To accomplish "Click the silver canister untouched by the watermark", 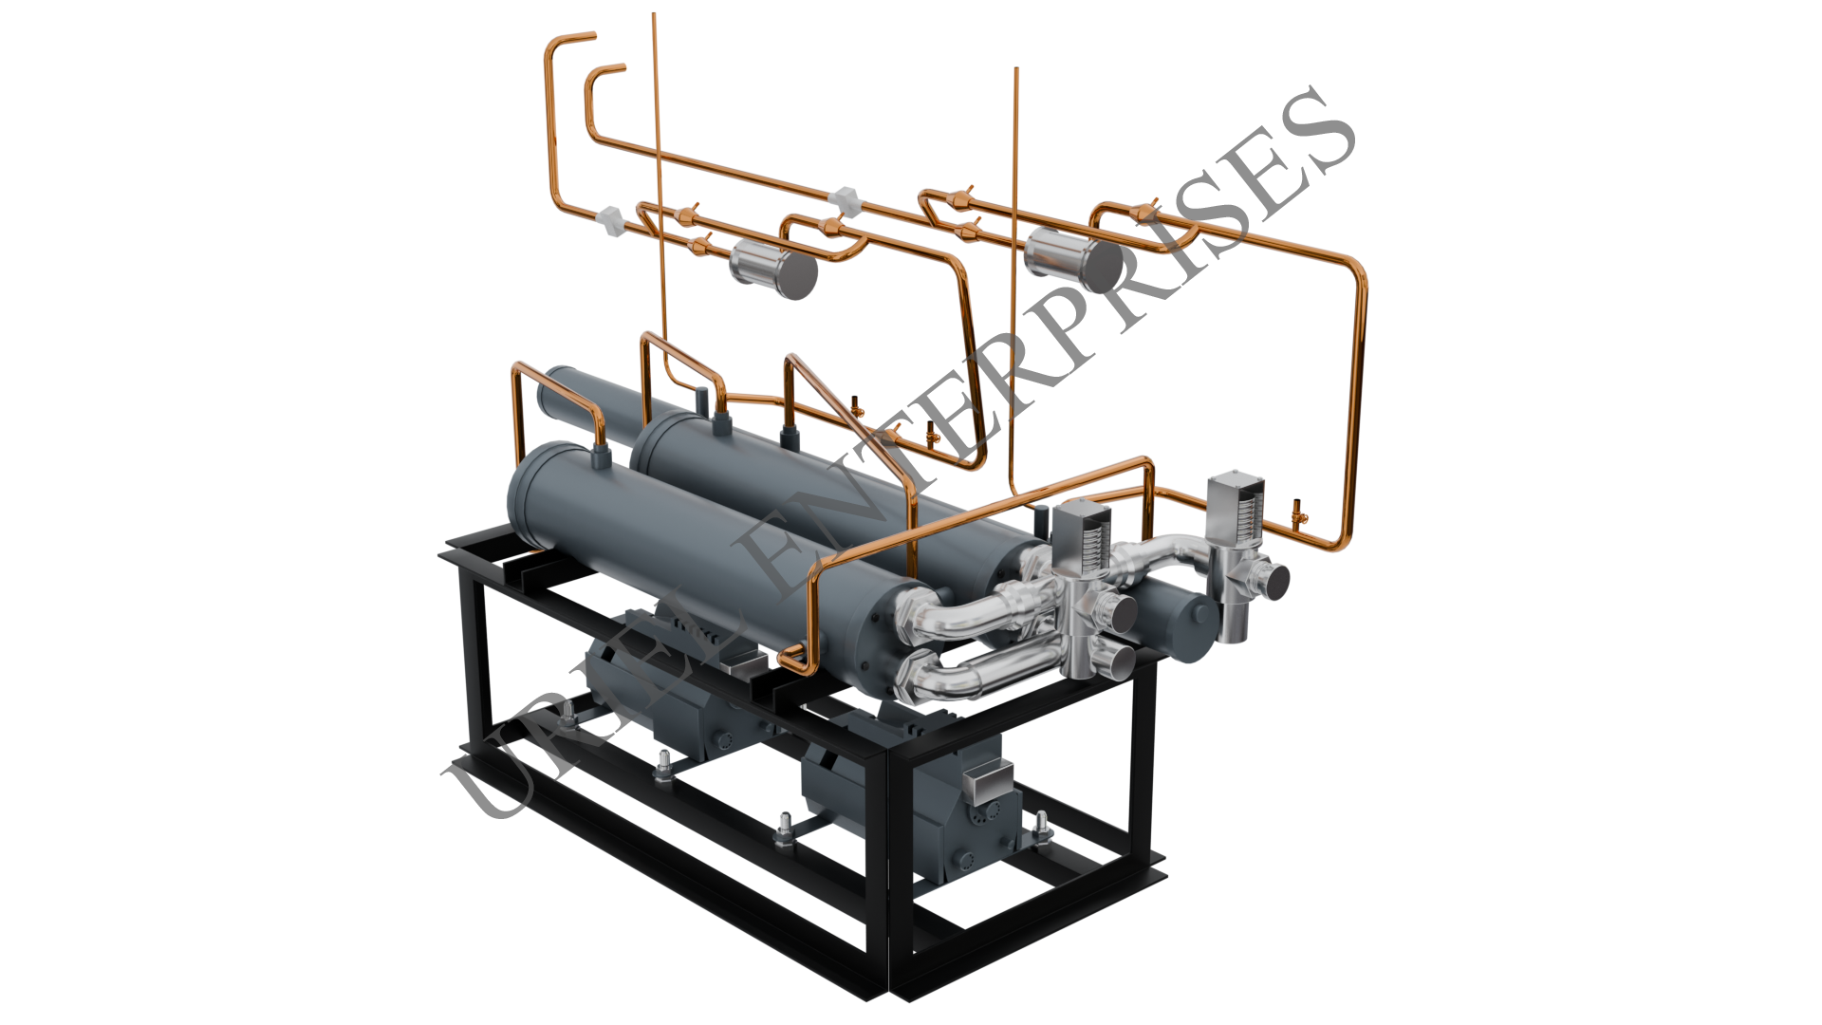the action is point(773,269).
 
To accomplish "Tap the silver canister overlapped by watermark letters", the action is point(1074,259).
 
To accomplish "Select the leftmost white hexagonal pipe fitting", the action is point(611,220).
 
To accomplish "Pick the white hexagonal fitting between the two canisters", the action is point(845,201).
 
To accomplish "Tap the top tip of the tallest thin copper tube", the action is point(654,14).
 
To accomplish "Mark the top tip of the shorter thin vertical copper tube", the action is point(1016,69).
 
